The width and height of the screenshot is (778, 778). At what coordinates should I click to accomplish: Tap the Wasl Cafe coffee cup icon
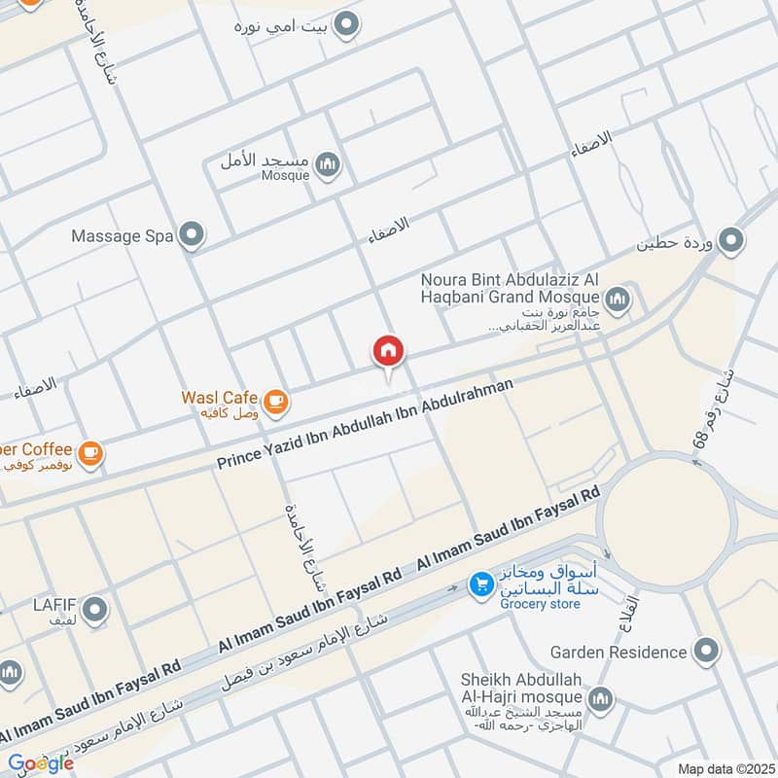point(275,399)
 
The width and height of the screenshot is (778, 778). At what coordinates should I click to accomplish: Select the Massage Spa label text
point(122,235)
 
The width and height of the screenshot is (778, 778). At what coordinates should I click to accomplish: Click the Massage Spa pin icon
point(194,234)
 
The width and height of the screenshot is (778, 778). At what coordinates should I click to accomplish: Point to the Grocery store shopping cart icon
point(479,584)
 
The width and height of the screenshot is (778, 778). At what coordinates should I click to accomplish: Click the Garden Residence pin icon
point(707,651)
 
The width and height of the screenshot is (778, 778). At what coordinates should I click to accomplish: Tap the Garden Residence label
point(619,652)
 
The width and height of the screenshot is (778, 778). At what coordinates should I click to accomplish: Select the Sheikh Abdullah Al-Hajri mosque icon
point(602,698)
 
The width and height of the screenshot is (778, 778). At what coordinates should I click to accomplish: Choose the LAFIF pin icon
point(94,611)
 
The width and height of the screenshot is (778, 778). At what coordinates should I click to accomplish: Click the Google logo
point(40,763)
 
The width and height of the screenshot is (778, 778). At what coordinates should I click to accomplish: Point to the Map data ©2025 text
point(725,768)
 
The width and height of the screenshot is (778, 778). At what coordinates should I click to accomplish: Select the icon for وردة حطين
point(730,238)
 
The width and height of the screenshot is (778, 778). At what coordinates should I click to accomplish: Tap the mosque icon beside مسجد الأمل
point(329,164)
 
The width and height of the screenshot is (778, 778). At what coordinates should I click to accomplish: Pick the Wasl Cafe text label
point(219,398)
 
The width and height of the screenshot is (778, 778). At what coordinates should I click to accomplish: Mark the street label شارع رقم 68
point(711,409)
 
